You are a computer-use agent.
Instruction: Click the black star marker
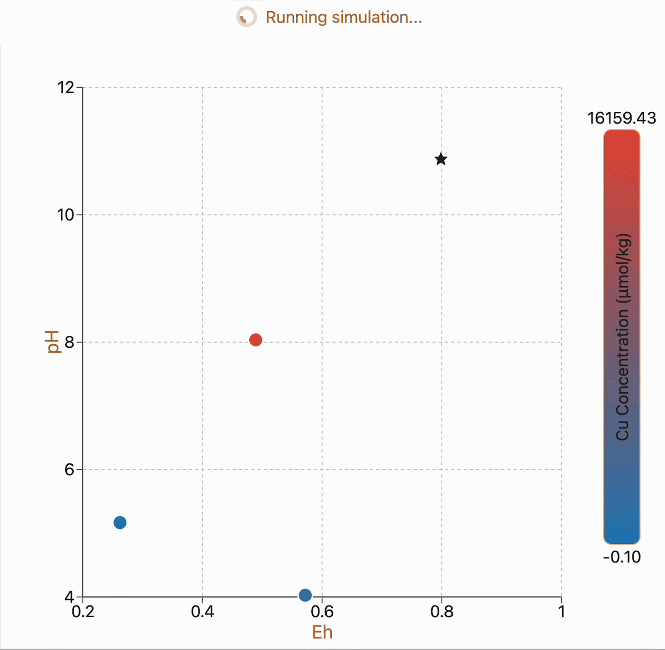click(x=441, y=159)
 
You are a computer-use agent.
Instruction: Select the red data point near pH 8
click(x=256, y=340)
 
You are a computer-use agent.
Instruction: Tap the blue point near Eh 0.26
click(x=120, y=522)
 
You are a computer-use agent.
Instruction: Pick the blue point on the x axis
click(x=305, y=595)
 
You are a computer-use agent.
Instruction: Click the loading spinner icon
click(x=246, y=17)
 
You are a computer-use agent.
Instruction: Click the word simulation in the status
click(x=376, y=17)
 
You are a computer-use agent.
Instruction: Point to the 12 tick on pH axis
click(x=65, y=88)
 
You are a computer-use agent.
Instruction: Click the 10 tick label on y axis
click(x=65, y=215)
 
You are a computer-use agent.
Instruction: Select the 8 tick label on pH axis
click(x=69, y=342)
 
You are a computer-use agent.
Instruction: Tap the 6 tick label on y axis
click(x=69, y=470)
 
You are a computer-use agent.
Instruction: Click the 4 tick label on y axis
click(x=69, y=597)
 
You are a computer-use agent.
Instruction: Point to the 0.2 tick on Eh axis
click(x=83, y=612)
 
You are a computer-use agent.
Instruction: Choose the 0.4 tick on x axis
click(x=202, y=612)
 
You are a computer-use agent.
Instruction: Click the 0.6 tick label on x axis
click(x=322, y=612)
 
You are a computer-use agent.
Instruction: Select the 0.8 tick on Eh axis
click(x=442, y=612)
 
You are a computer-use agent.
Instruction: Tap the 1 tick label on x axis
click(x=562, y=612)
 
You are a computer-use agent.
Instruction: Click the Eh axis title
click(x=322, y=633)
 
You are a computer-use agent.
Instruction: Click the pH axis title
click(x=53, y=342)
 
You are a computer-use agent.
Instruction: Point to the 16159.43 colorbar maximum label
click(x=621, y=118)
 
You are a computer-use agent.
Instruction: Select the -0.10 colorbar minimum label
click(x=622, y=557)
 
